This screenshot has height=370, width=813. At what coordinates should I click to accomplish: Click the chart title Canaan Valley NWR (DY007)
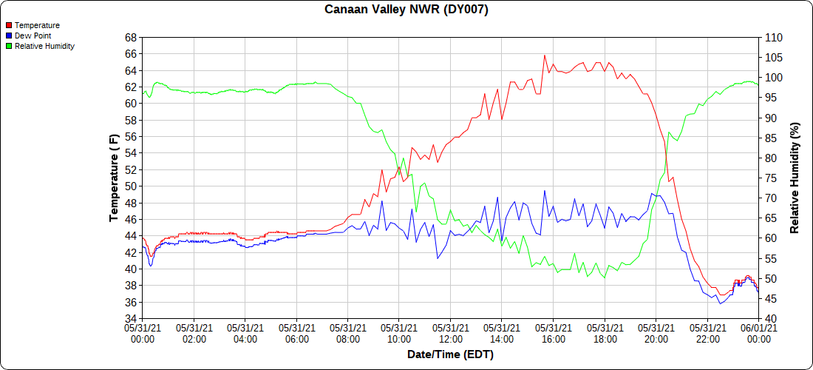(x=406, y=10)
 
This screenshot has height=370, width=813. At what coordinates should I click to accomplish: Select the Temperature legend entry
(x=37, y=25)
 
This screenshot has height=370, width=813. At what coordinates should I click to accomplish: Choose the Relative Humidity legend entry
(x=44, y=46)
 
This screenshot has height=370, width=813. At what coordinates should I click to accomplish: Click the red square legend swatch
(x=8, y=25)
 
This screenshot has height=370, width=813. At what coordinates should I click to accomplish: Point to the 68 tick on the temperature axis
(x=130, y=37)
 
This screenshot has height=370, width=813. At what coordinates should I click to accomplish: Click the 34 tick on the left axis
(x=130, y=319)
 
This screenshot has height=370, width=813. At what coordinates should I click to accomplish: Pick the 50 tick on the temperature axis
(x=130, y=186)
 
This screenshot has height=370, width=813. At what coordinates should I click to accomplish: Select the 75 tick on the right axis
(x=769, y=178)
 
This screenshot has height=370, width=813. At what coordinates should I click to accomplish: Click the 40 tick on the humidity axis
(x=769, y=319)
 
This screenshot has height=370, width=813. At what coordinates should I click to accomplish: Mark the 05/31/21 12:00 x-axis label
(x=450, y=332)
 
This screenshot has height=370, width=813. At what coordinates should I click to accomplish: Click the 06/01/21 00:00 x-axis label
(x=758, y=332)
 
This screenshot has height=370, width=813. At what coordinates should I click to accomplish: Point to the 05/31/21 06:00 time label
(x=296, y=332)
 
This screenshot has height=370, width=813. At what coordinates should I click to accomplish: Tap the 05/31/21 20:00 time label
(x=656, y=332)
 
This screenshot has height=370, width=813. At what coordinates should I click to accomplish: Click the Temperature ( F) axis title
(x=114, y=178)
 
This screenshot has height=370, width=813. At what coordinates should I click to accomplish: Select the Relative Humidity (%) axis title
(x=795, y=178)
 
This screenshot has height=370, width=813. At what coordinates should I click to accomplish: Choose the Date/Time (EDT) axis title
(x=450, y=354)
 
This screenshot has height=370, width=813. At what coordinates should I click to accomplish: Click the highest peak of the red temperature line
(x=545, y=55)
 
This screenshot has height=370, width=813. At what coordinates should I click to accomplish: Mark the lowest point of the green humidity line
(x=605, y=277)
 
